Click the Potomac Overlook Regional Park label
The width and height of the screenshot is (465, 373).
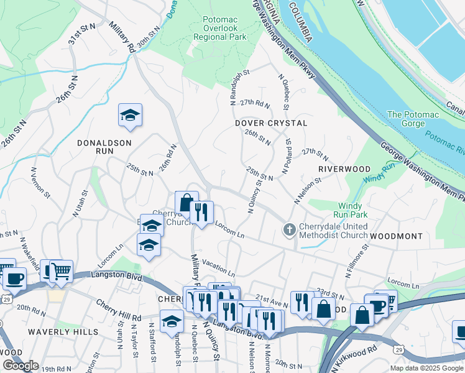[x=220, y=29]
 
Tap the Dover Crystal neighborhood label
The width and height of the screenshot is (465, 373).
[x=271, y=123]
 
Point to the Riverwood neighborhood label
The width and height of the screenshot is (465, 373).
[x=344, y=169]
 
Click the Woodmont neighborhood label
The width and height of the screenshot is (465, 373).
[x=396, y=237]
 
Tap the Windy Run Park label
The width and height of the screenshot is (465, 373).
[x=354, y=210]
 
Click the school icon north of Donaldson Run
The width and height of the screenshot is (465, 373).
[x=131, y=116]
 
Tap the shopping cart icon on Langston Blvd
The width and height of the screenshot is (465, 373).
[x=61, y=271]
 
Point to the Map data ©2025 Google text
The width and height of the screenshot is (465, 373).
[x=426, y=368]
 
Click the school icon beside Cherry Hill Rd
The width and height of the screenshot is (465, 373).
[x=172, y=321]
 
